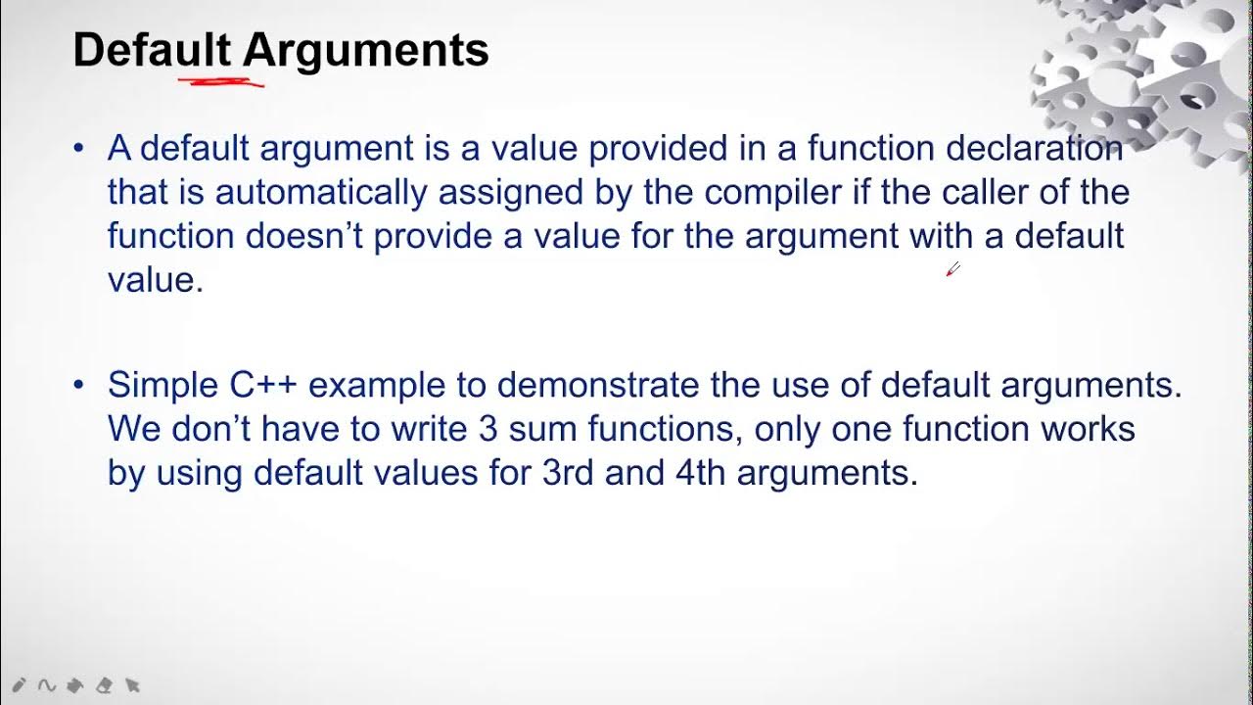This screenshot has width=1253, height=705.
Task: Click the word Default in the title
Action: click(x=152, y=50)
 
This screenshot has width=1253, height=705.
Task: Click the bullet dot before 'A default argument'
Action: click(x=79, y=149)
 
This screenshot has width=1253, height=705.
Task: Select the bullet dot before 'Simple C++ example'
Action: click(x=79, y=386)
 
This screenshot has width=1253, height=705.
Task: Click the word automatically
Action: click(x=320, y=192)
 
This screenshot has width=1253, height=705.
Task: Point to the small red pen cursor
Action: click(x=952, y=269)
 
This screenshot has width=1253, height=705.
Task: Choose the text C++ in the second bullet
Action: click(x=263, y=386)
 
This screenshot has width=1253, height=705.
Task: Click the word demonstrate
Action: click(x=598, y=386)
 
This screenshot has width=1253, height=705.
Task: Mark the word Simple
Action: click(x=163, y=386)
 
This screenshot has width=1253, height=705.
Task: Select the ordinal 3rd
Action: click(x=568, y=472)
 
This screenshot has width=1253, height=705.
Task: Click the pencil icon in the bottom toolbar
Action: click(x=19, y=686)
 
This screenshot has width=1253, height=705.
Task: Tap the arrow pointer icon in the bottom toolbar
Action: click(x=133, y=686)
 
